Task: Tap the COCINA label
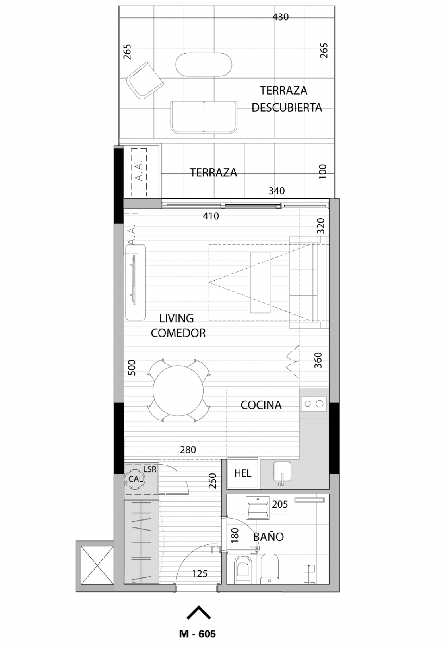[x=261, y=405]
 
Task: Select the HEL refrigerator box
[x=243, y=473]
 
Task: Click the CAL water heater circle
[x=135, y=479]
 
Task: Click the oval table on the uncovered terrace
[x=204, y=64]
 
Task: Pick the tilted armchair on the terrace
[x=145, y=80]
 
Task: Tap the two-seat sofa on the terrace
[x=204, y=117]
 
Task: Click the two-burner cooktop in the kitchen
[x=314, y=404]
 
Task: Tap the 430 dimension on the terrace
[x=281, y=17]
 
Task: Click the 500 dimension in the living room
[x=132, y=367]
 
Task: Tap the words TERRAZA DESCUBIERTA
[x=287, y=99]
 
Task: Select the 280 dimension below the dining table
[x=188, y=450]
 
